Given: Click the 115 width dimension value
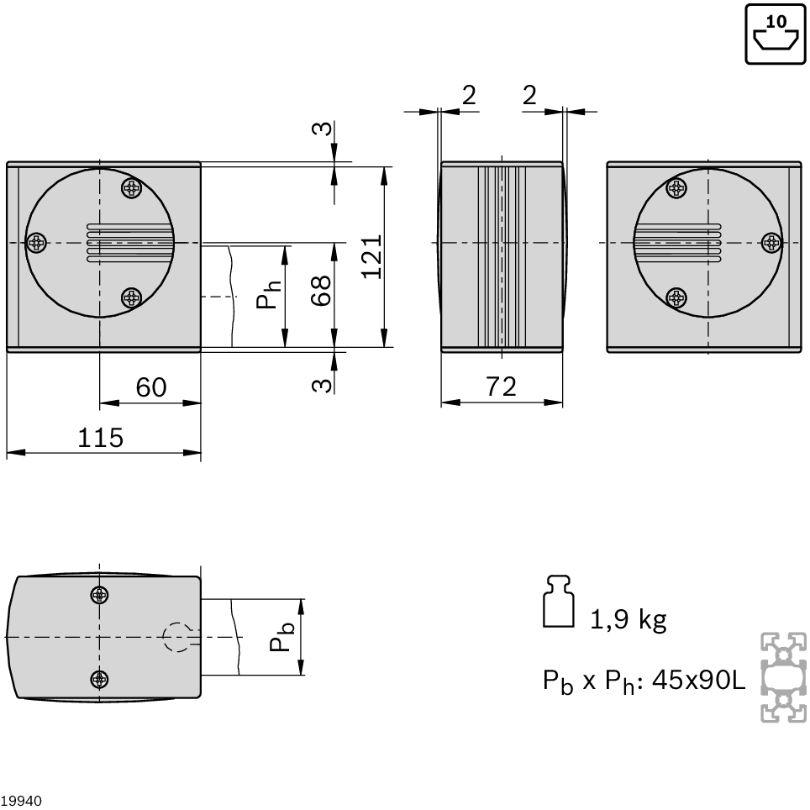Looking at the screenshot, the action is (100, 438).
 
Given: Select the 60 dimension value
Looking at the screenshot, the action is (151, 387).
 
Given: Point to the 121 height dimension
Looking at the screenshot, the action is (371, 257).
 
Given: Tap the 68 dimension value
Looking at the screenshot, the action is (321, 291).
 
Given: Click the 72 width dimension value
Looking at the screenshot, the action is (501, 387).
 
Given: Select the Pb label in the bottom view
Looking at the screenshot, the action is (282, 637).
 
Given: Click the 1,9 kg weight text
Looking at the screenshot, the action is (628, 619).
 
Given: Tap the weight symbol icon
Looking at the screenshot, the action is (559, 602).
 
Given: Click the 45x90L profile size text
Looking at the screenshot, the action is (699, 681).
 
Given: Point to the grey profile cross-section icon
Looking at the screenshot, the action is (784, 677).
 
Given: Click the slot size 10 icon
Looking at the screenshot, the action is (776, 34).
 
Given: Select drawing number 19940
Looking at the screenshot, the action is (21, 801).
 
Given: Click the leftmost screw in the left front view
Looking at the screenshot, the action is (37, 242).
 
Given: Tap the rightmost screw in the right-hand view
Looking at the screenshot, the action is (772, 242).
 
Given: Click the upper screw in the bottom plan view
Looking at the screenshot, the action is (99, 595).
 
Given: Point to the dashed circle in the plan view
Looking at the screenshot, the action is (177, 637).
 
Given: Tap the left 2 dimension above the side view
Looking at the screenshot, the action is (469, 95).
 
